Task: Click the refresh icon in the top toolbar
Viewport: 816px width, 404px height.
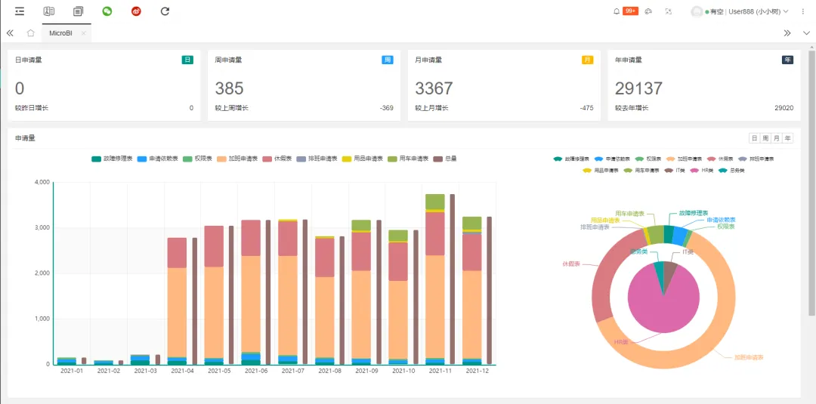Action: coord(165,11)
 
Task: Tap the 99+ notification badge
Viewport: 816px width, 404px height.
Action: coord(630,11)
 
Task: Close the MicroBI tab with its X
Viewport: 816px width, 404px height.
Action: coord(83,33)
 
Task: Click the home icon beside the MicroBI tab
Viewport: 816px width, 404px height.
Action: coord(31,33)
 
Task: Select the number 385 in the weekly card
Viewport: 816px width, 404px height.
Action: coord(229,88)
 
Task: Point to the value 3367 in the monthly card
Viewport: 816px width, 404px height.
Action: coord(434,88)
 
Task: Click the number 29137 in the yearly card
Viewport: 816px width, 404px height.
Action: coord(638,88)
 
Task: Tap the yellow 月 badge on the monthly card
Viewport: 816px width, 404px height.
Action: coord(587,60)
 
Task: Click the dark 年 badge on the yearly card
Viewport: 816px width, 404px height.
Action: coord(787,60)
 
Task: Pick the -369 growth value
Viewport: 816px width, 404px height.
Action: coord(386,108)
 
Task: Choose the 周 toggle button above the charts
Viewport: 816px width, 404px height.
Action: coord(765,138)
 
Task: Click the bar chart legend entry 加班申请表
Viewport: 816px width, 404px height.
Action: coord(237,159)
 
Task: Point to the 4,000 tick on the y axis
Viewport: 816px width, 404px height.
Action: coord(42,182)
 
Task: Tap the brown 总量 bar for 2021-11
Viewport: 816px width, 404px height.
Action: coord(453,279)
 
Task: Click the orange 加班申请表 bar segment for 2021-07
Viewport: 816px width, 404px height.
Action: coord(287,302)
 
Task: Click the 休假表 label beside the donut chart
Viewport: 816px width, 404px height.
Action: coord(573,264)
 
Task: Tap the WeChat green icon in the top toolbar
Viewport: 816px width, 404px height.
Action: coord(107,11)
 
